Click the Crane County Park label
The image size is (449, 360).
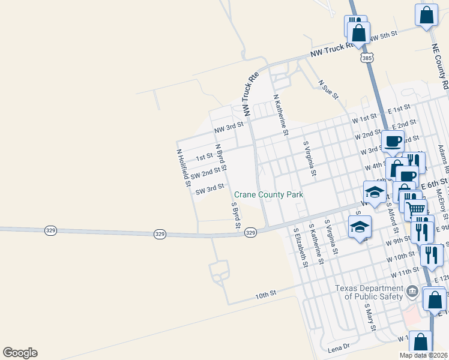268,194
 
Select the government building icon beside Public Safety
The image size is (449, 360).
412,292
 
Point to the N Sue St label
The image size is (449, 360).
328,89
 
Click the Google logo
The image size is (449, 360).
20,353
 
